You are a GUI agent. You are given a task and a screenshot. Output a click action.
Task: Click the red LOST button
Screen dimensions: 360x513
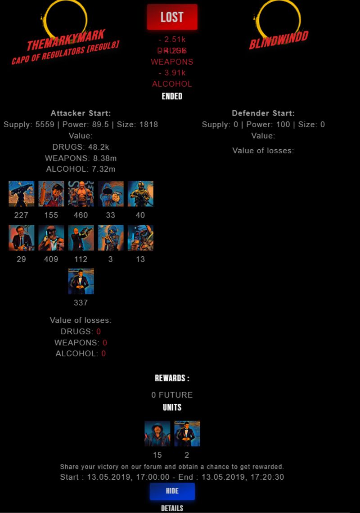coord(172,17)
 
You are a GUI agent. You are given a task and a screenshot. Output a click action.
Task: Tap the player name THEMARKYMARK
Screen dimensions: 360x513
coord(66,40)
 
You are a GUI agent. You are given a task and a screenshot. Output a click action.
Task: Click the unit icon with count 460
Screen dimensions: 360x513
coord(81,194)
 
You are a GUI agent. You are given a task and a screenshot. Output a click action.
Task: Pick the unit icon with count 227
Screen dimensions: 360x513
coord(22,194)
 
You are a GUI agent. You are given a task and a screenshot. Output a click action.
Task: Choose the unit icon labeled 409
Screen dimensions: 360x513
coord(51,238)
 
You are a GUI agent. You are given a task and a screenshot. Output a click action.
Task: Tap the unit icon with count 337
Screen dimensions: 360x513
coord(81,281)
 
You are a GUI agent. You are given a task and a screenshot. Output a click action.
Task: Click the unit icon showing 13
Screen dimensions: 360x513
coord(140,238)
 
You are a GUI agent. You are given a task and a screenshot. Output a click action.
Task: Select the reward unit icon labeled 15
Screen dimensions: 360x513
coord(157,433)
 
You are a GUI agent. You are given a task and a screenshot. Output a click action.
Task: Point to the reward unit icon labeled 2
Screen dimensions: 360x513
coord(187,433)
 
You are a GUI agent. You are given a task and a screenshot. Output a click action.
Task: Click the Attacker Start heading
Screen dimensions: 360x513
coord(81,113)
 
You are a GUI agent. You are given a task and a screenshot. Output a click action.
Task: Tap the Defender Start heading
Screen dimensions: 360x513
coord(263,113)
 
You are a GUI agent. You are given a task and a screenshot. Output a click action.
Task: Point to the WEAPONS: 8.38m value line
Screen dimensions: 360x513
coord(81,158)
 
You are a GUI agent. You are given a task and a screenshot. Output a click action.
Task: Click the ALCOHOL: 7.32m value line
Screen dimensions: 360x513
coord(81,169)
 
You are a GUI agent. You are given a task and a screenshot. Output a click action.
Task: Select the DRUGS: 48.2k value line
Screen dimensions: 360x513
coord(81,147)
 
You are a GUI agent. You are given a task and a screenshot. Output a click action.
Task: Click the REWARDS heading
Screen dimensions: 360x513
coord(172,378)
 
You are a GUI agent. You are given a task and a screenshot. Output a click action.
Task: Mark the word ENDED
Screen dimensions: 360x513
coord(172,96)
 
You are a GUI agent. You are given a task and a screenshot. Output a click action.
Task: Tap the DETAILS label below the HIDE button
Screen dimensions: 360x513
coord(172,508)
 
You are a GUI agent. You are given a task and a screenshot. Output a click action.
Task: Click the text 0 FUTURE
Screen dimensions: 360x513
coord(172,395)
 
